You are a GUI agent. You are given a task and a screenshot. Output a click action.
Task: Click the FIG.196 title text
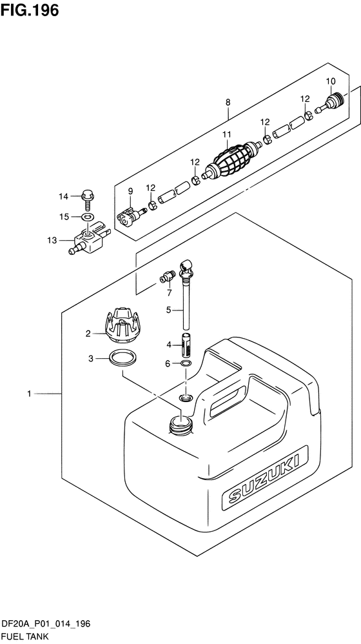(x=30, y=10)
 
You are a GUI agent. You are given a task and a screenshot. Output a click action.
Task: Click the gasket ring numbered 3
(x=122, y=358)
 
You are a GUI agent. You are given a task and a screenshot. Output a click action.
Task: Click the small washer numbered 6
(x=186, y=363)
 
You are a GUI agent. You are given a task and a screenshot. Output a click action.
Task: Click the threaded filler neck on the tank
(x=181, y=424)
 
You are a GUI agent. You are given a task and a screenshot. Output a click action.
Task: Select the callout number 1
(x=29, y=394)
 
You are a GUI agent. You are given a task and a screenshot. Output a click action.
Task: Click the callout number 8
(x=228, y=102)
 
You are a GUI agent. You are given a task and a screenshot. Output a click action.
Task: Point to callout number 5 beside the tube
(x=168, y=310)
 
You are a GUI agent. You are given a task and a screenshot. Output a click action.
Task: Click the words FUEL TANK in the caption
(x=25, y=637)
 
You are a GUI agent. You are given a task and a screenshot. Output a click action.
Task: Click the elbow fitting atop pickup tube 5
(x=186, y=265)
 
